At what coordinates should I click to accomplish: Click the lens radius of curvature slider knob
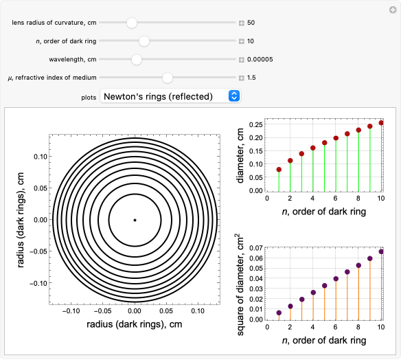click(x=132, y=23)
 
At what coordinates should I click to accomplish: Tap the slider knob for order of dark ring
click(x=144, y=41)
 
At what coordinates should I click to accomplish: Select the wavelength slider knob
click(x=137, y=60)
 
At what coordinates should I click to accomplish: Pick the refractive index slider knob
click(x=168, y=78)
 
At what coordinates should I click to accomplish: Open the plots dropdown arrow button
click(x=234, y=96)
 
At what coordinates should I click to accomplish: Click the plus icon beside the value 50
click(x=242, y=23)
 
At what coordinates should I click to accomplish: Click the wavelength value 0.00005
click(x=260, y=59)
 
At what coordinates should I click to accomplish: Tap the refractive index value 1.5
click(x=251, y=78)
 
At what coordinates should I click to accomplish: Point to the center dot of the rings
click(x=135, y=220)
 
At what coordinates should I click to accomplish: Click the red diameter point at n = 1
click(x=279, y=170)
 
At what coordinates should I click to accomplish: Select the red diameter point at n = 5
click(x=324, y=143)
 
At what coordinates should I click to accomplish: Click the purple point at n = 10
click(x=381, y=251)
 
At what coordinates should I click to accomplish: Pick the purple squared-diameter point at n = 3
click(x=301, y=300)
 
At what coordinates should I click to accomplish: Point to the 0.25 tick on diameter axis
click(x=256, y=124)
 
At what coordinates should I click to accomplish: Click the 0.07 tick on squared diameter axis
click(x=256, y=248)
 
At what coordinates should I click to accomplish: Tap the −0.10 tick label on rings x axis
click(x=71, y=311)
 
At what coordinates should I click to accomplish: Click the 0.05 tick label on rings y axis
click(x=41, y=188)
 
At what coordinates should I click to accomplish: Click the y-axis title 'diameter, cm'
click(x=240, y=155)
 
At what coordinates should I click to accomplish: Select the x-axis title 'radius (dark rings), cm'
click(x=135, y=324)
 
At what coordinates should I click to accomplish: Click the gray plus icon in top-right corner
click(x=393, y=10)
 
